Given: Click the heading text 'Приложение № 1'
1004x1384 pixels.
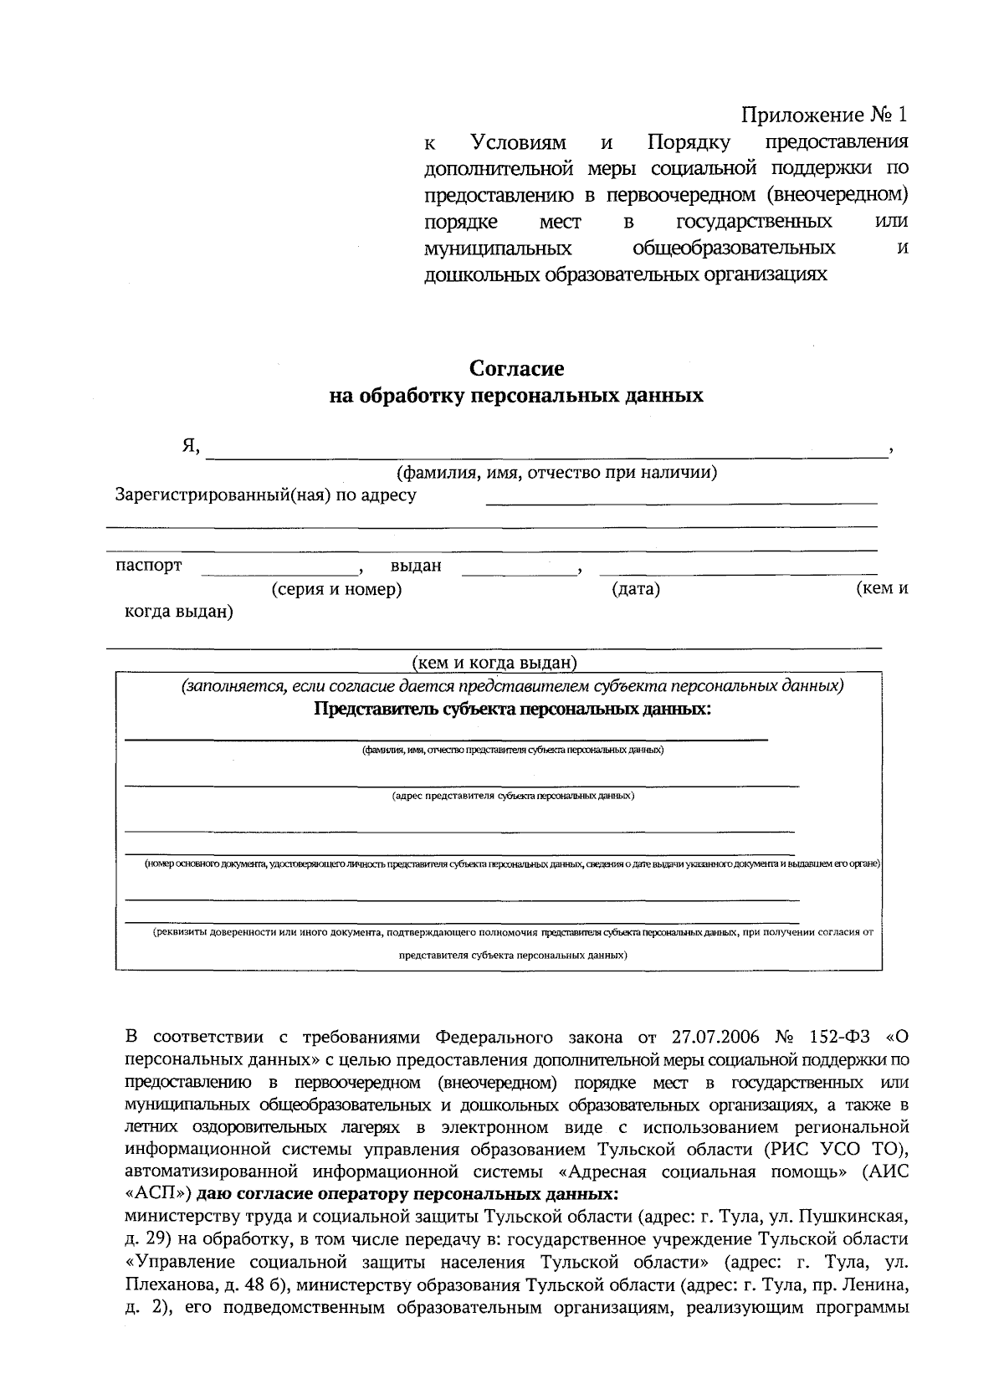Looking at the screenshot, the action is (824, 114).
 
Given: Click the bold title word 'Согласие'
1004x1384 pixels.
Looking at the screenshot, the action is (516, 369).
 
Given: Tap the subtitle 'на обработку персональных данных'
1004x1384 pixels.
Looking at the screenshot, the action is (516, 395).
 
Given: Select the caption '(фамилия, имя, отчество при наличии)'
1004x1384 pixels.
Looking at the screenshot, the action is (557, 473).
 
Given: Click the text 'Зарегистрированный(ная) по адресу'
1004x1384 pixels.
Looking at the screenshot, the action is (265, 495).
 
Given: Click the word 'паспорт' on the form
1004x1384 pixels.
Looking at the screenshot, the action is (149, 566).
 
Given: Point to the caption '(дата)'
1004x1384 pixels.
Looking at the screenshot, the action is (636, 589).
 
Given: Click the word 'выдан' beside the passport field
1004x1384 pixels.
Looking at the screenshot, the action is (416, 566).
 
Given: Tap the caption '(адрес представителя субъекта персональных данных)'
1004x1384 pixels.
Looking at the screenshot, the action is (513, 796).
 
